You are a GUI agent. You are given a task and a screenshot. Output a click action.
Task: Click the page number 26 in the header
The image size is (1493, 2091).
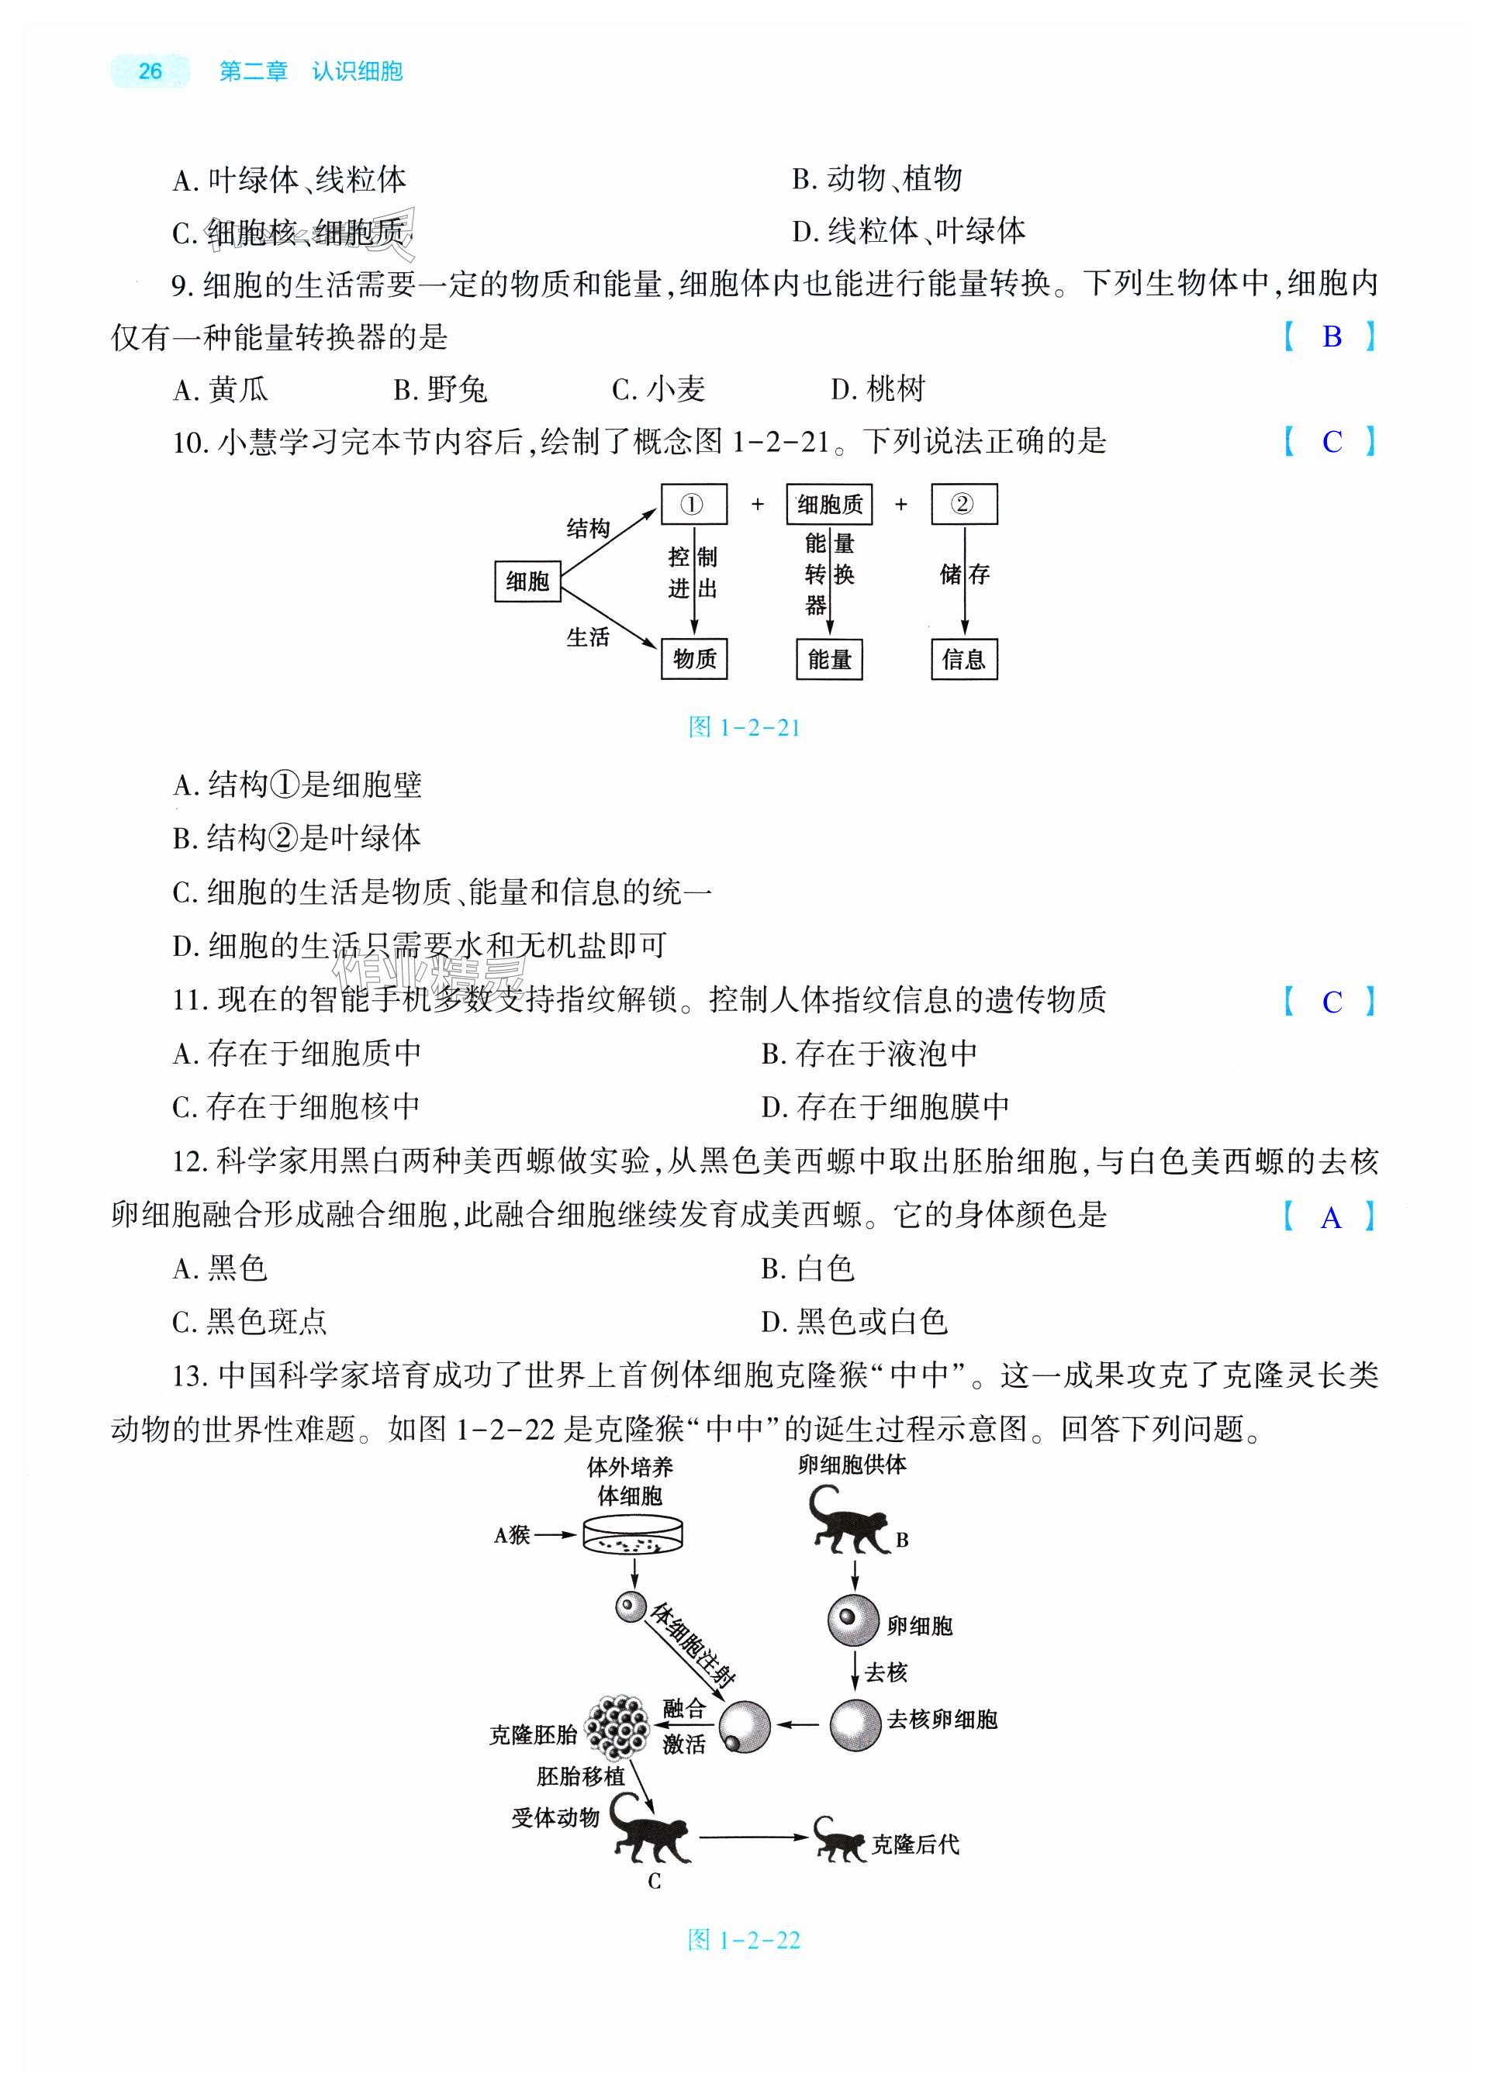pos(150,71)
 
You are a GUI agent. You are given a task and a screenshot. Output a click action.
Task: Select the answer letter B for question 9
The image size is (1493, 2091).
pos(1331,336)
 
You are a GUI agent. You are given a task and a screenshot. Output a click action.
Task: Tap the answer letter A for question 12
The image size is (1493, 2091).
pos(1330,1218)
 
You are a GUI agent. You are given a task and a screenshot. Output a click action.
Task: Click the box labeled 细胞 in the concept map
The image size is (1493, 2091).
pos(527,581)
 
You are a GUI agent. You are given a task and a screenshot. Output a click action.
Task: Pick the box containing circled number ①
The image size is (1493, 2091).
pos(693,504)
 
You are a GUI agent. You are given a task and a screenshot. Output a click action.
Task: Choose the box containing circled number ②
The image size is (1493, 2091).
pos(963,504)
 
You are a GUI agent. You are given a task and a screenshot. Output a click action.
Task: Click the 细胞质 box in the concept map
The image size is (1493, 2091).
pos(829,504)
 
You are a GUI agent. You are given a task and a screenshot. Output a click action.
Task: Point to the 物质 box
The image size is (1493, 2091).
pos(694,658)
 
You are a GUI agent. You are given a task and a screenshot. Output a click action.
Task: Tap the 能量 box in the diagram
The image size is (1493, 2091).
pos(829,658)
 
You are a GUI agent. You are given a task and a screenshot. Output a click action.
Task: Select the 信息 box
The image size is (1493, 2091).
pos(963,658)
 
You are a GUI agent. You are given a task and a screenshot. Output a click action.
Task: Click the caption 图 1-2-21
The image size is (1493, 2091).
pos(745,728)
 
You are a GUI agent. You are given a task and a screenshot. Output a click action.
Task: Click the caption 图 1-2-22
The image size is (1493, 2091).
pos(745,1941)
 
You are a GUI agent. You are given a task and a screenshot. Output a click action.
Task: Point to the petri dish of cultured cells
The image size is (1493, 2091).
pos(634,1534)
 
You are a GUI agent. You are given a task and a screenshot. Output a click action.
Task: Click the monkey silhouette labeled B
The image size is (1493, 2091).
pos(847,1522)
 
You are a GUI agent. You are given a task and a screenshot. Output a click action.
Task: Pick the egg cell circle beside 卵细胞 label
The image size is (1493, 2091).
pos(853,1620)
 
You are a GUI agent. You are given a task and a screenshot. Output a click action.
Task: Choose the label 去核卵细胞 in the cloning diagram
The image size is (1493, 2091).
pos(942,1719)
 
